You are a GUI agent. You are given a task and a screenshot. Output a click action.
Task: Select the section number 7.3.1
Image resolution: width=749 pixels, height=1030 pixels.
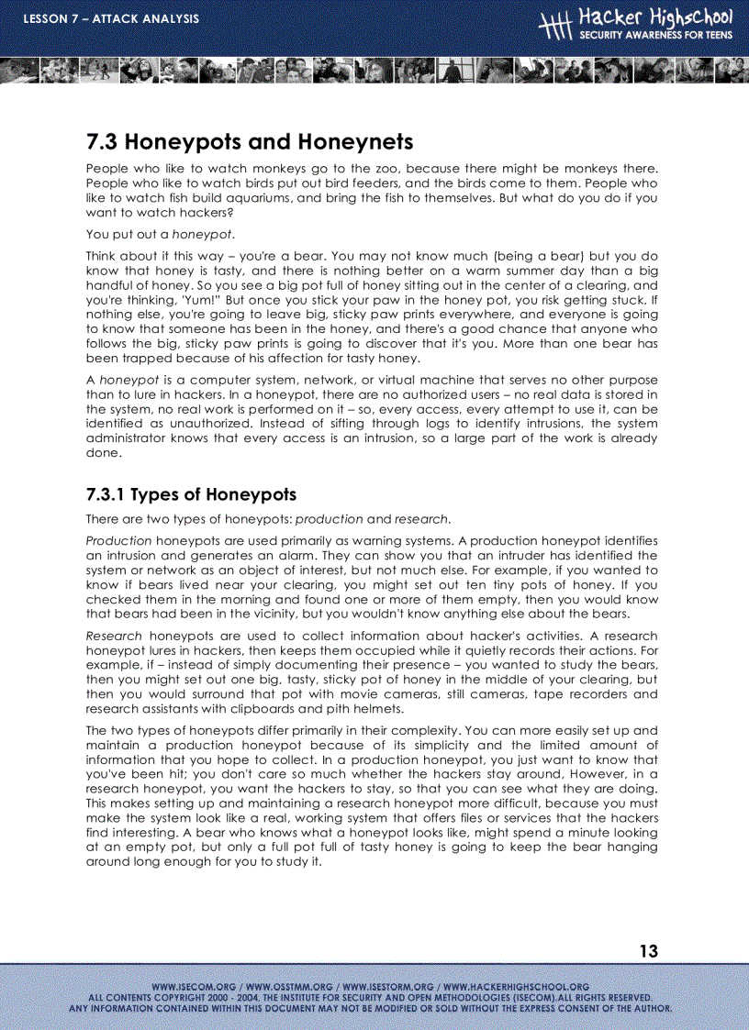click(x=105, y=494)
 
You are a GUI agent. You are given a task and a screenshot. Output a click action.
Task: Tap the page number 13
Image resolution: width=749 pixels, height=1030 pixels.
click(x=648, y=951)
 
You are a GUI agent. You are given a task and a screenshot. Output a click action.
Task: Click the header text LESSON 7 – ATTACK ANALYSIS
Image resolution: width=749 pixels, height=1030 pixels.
click(x=111, y=19)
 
